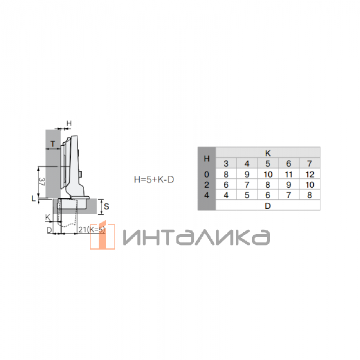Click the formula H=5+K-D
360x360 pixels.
pos(154,179)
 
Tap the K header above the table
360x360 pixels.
pos(268,153)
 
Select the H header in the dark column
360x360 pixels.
pos(206,158)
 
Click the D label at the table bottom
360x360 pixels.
pos(268,206)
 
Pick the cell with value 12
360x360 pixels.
pos(310,174)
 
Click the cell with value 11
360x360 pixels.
pos(289,174)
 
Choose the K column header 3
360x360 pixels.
pos(226,163)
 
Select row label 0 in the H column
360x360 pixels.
pos(206,174)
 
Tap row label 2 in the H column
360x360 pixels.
pos(206,185)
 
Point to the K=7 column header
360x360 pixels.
pos(310,163)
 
